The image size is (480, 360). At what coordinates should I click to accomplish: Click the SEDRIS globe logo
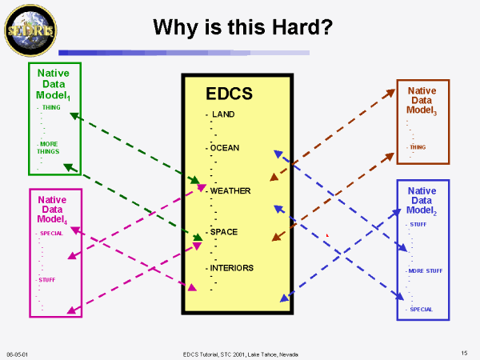point(30,30)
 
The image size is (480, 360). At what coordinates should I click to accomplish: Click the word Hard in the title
point(302,27)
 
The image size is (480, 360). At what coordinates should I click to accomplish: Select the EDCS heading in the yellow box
point(229,94)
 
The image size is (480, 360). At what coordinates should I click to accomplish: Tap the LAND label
point(223,114)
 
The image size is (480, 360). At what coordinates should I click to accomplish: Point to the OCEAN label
point(225,148)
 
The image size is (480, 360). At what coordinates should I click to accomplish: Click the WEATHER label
point(230,190)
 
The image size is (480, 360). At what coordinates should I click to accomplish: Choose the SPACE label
point(224,232)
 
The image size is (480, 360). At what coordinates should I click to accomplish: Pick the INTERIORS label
point(232,268)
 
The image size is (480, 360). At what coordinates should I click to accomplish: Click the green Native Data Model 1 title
point(54,84)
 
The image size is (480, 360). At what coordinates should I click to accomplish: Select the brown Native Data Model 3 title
point(422,101)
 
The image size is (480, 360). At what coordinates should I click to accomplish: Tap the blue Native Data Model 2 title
point(422,201)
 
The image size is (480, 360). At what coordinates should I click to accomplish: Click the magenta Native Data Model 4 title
point(52,210)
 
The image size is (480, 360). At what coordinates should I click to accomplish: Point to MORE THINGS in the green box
point(48,147)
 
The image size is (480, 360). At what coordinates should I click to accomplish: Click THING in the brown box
point(418,147)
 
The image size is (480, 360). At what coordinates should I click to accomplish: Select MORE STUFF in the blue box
point(426,271)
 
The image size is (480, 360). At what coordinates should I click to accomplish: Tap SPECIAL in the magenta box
point(51,234)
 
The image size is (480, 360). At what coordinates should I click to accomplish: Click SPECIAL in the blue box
point(422,310)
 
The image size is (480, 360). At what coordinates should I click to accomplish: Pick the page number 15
point(464,353)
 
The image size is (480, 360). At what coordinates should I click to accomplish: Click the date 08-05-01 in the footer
point(17,354)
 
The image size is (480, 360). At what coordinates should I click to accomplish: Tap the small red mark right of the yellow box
point(327,235)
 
